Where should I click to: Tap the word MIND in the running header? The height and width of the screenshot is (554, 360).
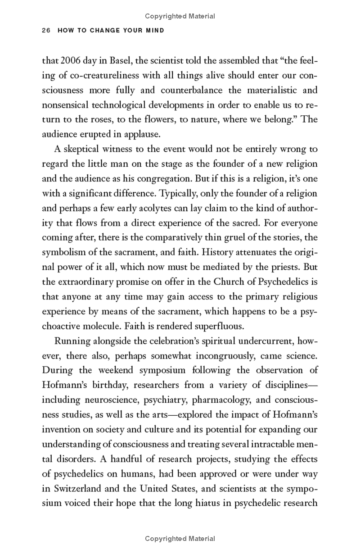tap(155, 31)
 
